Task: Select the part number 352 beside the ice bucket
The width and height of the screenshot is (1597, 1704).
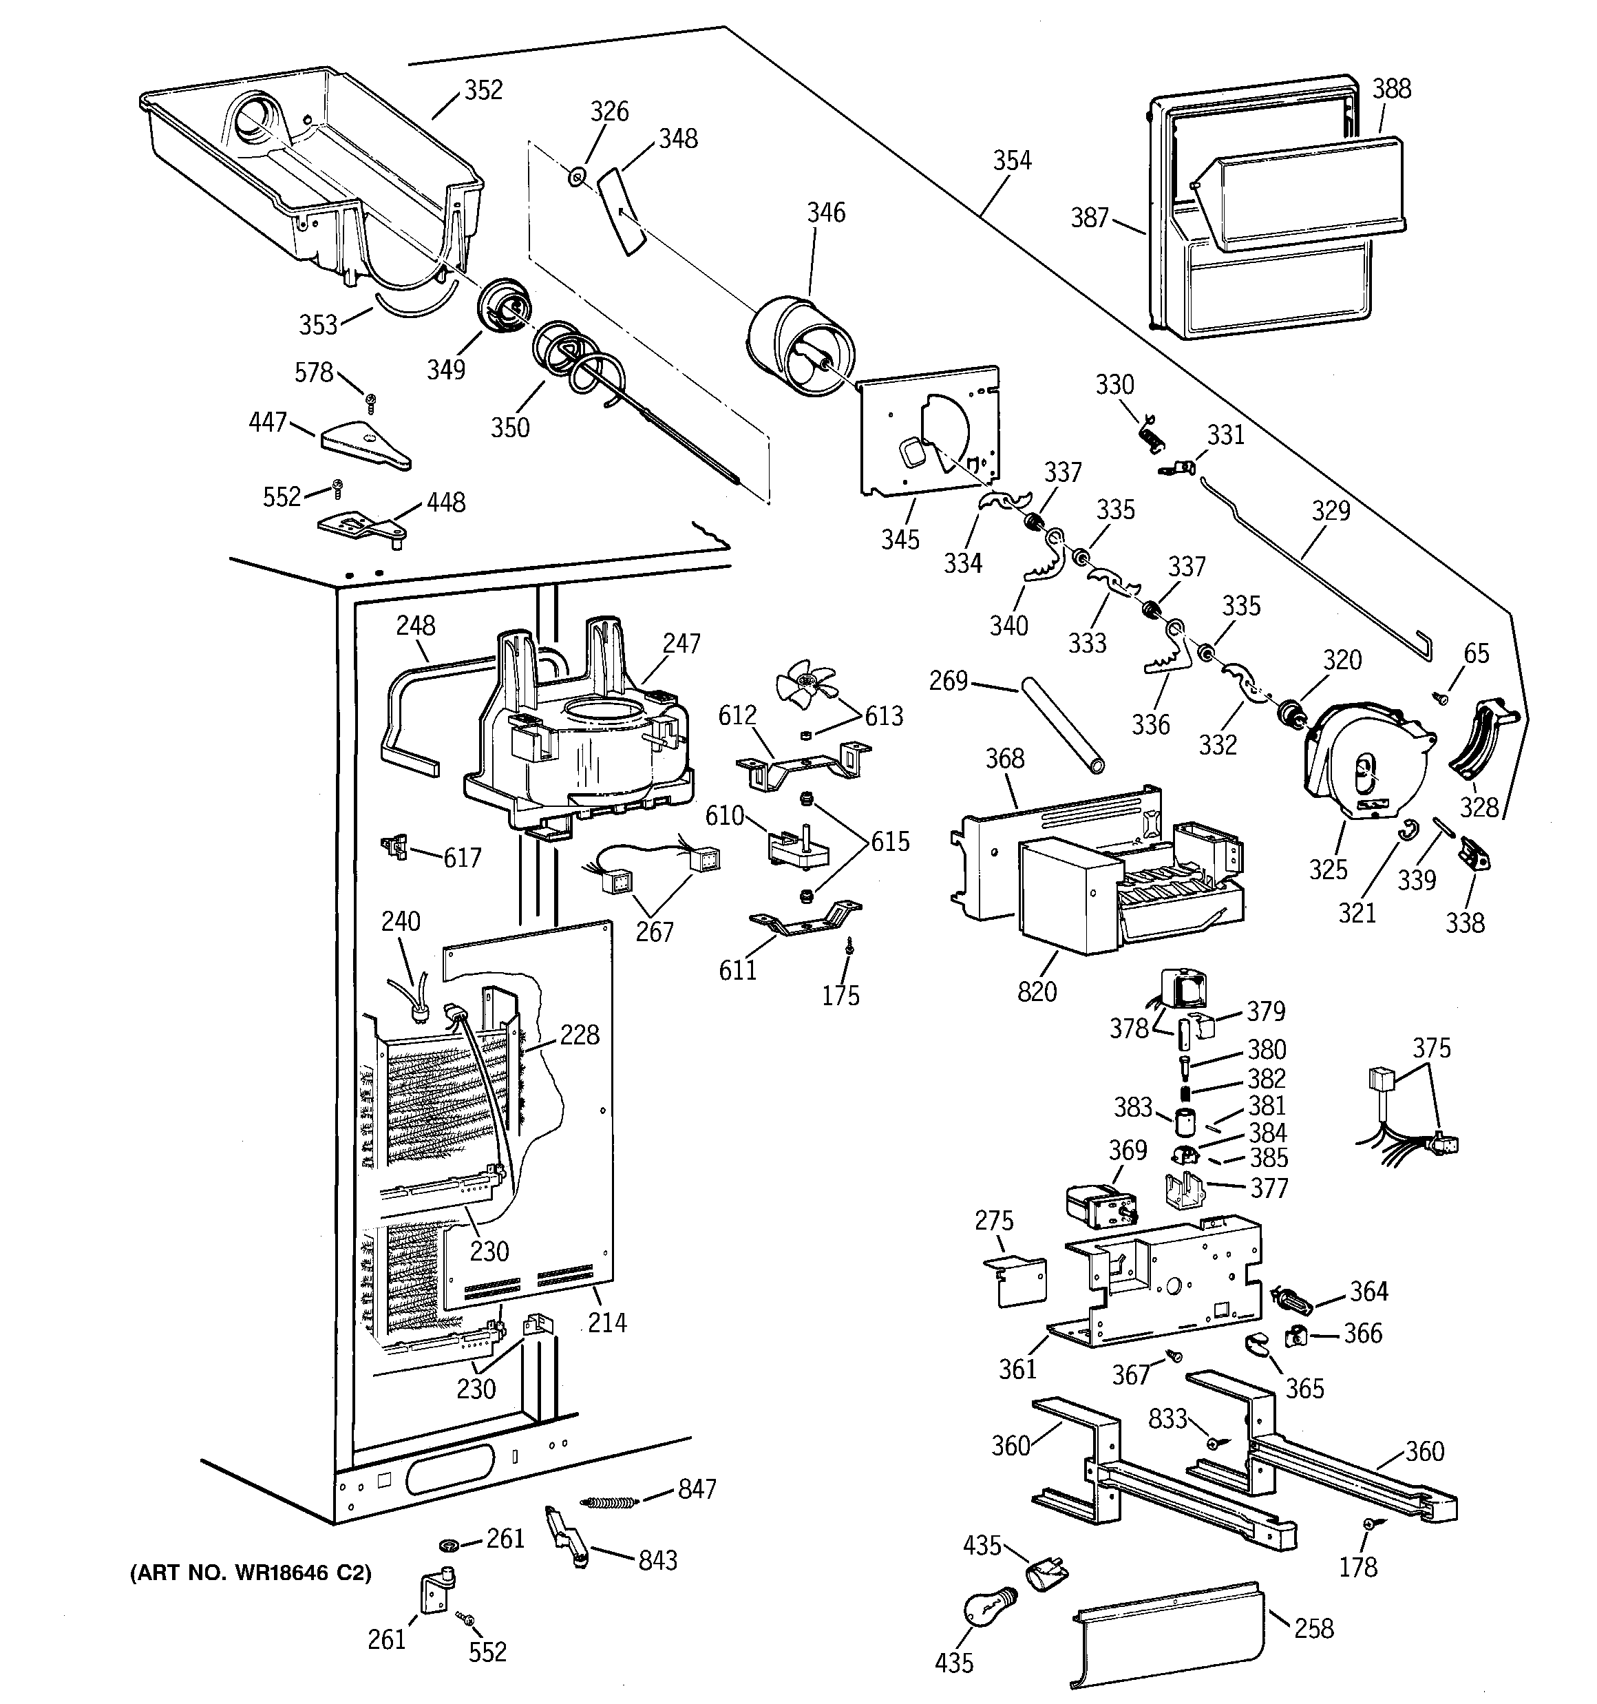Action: (483, 90)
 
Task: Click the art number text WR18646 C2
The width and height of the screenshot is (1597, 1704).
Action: (251, 1574)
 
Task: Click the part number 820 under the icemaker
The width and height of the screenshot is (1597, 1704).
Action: (1037, 991)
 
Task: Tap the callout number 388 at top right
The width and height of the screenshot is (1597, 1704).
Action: (1391, 88)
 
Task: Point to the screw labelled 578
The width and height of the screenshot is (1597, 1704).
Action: (371, 399)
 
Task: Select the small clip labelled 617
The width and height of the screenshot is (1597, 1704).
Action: (396, 847)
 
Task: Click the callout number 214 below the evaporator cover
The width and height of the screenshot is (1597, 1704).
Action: (607, 1323)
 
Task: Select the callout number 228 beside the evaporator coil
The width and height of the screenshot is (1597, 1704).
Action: (580, 1035)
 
